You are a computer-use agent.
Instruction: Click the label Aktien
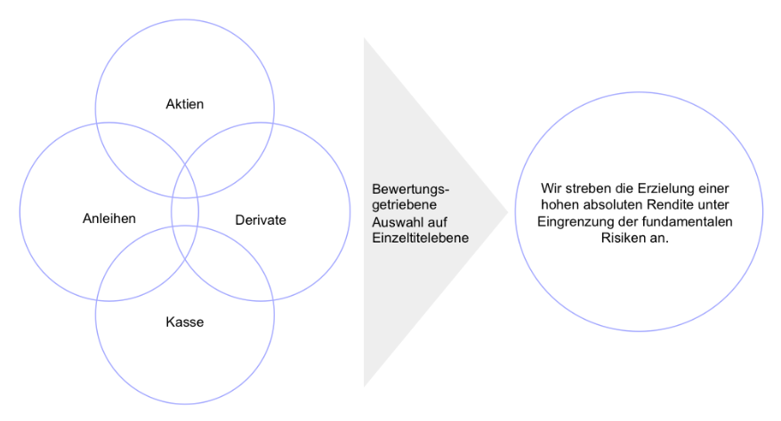185,104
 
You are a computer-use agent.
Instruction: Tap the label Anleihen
109,219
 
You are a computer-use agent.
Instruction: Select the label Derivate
261,219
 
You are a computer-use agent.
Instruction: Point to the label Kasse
185,322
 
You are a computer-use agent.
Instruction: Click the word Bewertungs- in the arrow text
411,189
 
